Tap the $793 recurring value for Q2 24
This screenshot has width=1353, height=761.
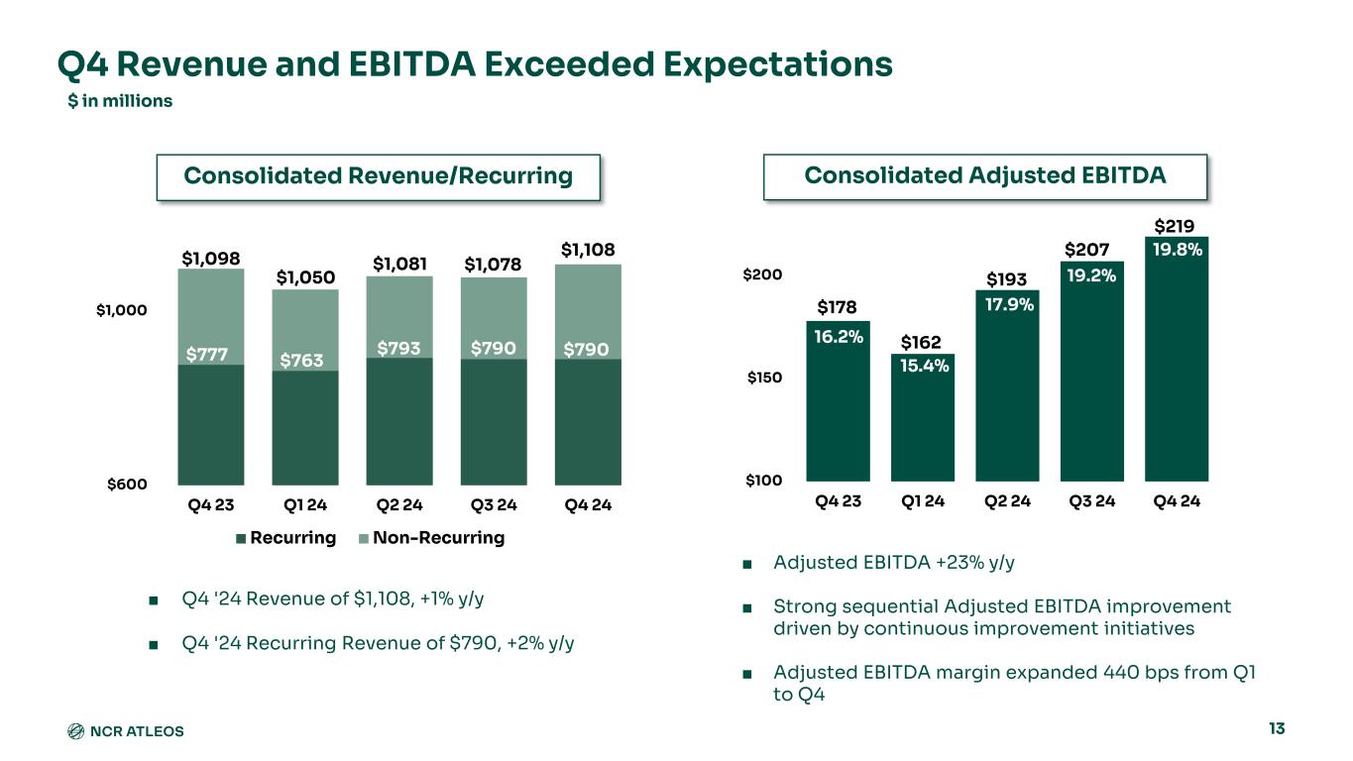(x=398, y=348)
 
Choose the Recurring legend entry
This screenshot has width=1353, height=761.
(x=286, y=538)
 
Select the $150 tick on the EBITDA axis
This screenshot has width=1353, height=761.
(x=764, y=378)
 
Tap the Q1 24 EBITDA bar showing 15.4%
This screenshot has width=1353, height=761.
(x=923, y=416)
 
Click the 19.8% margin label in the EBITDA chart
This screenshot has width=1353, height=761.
(x=1177, y=250)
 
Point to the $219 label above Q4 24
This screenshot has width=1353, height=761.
(x=1176, y=225)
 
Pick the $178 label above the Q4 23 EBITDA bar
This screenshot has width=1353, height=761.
(x=838, y=307)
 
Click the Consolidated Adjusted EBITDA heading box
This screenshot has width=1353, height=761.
(x=985, y=176)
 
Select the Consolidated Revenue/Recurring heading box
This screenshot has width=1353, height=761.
(x=379, y=176)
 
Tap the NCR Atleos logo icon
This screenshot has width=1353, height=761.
(x=74, y=731)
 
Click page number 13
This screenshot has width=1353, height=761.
(x=1276, y=729)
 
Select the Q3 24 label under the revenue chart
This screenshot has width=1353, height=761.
(x=493, y=505)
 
